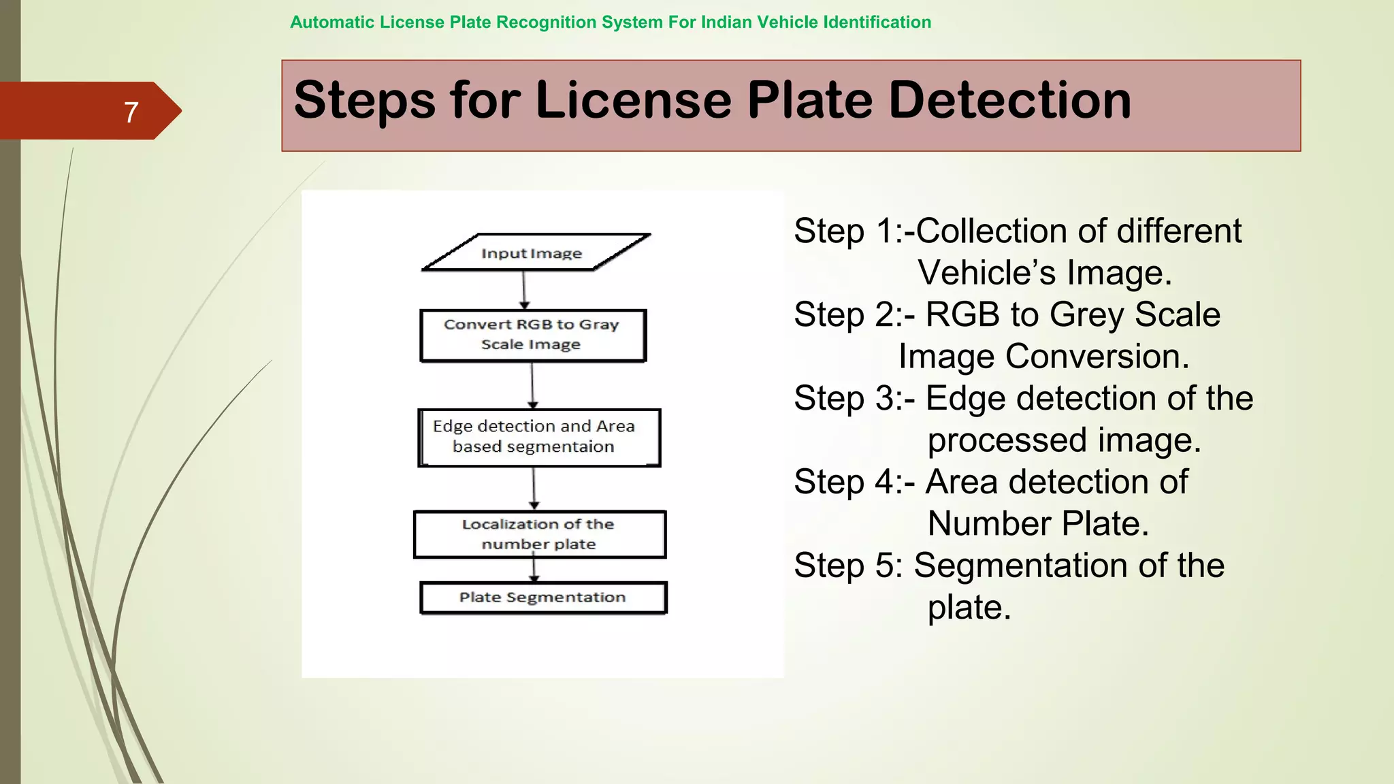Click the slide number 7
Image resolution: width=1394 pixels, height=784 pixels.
[131, 112]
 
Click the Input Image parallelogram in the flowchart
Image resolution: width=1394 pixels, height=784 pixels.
[536, 252]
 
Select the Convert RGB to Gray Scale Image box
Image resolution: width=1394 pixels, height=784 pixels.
[532, 335]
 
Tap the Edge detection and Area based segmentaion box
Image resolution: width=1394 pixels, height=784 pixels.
[538, 438]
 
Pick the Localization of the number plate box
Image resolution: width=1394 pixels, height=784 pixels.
[539, 534]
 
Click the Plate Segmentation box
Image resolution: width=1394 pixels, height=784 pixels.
[542, 598]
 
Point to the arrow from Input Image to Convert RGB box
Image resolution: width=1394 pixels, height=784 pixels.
[524, 290]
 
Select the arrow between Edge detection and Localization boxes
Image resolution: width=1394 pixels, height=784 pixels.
[534, 488]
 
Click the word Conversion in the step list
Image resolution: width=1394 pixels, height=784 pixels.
[1096, 357]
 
